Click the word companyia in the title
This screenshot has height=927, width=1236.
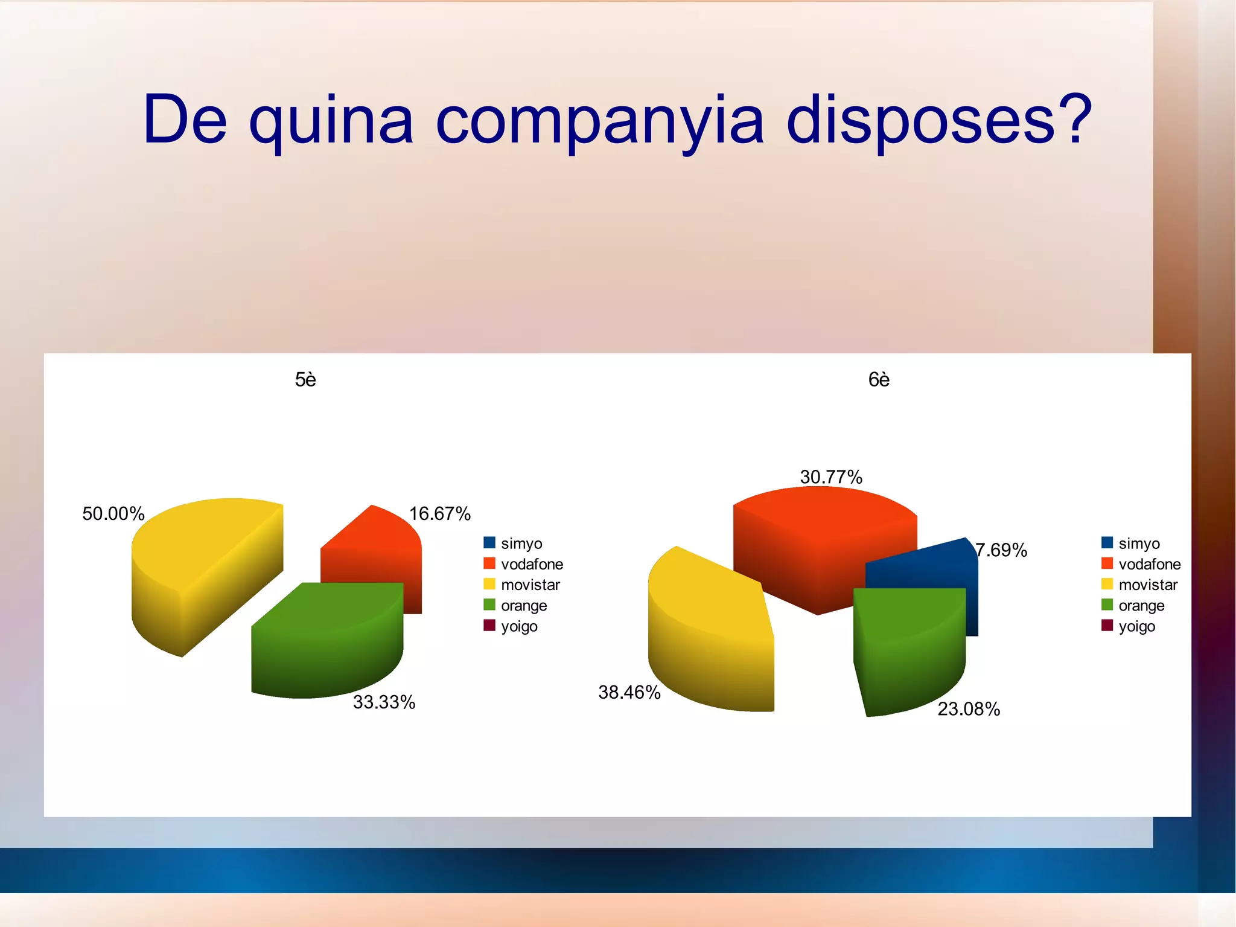[x=600, y=121]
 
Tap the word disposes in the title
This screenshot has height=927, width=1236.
[x=938, y=121]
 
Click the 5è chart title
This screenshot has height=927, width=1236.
[x=305, y=379]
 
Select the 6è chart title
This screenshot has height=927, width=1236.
[x=879, y=379]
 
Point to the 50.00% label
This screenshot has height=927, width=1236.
[x=113, y=514]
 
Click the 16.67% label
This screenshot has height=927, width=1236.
[x=440, y=514]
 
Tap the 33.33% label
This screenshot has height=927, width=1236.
[x=384, y=702]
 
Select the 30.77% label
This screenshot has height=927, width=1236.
[x=831, y=477]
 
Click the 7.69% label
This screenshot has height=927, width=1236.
[x=1002, y=550]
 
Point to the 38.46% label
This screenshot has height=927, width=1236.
[x=629, y=692]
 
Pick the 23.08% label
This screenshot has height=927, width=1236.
[x=969, y=709]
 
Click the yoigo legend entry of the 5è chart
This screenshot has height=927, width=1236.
[x=518, y=626]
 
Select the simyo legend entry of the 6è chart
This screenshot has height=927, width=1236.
[x=1138, y=544]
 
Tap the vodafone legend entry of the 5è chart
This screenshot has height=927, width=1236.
[x=531, y=564]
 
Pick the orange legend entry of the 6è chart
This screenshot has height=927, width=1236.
[x=1141, y=606]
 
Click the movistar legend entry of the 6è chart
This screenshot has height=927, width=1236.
[x=1147, y=585]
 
